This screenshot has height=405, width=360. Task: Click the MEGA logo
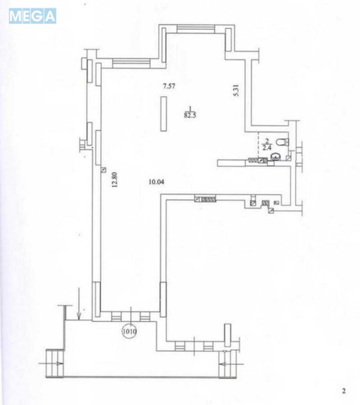coord(32,16)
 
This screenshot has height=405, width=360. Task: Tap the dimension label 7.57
coord(169,86)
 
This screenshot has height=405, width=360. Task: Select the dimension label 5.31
coord(236,91)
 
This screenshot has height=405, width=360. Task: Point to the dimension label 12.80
coord(114,180)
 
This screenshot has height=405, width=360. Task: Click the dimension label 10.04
coord(156,182)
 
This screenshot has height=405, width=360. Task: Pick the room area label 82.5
coord(190,115)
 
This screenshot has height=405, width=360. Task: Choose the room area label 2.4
coord(267,148)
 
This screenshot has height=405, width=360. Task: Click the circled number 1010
coord(129,331)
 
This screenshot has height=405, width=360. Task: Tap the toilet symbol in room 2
coord(282,142)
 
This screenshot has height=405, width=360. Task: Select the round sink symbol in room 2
coord(276,156)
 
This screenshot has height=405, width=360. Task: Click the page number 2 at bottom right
coord(344,391)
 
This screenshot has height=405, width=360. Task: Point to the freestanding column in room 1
coord(163,113)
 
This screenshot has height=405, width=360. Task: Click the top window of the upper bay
coord(196,29)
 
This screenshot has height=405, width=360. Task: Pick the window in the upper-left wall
coord(131,63)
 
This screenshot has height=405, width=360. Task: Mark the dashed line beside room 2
coord(258,144)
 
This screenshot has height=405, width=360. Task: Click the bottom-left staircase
coord(55,363)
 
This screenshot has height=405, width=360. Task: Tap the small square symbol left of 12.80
coord(104,170)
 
